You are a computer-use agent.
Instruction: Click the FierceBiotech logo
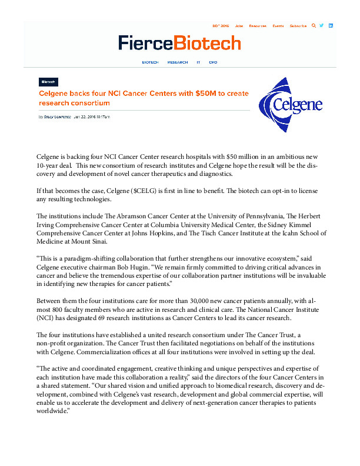point(179,43)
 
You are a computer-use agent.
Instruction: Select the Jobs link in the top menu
point(239,26)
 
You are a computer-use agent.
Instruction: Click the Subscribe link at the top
point(298,26)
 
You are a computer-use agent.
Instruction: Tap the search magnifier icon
point(314,26)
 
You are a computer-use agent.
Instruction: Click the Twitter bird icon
point(322,26)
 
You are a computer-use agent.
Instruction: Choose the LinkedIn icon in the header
point(331,26)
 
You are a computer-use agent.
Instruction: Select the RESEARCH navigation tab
point(178,62)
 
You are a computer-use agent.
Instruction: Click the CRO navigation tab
point(213,62)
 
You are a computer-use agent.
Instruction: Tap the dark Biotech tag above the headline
point(49,82)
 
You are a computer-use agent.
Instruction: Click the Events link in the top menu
point(278,26)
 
